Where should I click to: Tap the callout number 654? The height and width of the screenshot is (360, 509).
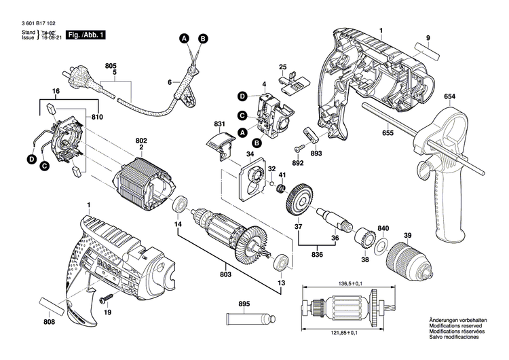450,97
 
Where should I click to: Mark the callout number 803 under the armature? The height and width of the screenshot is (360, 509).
225,275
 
